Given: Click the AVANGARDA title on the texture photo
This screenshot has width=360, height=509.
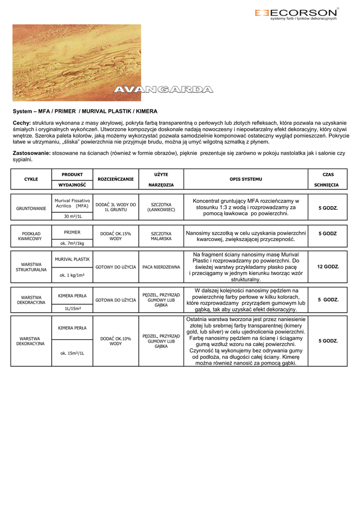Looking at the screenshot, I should [164, 89].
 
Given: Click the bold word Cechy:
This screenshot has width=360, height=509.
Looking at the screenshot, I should [21, 123].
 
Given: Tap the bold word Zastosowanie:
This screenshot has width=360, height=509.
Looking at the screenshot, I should [31, 153].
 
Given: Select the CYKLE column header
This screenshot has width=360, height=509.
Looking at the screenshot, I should [31, 179].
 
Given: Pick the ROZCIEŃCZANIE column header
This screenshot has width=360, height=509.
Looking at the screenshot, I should [116, 179].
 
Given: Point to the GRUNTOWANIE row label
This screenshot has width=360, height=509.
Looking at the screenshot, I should [31, 208].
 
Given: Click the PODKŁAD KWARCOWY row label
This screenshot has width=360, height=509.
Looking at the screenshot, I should [31, 236].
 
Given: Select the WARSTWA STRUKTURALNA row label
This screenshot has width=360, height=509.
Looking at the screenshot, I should [31, 267].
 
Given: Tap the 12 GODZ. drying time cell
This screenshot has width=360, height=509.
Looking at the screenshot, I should [328, 267].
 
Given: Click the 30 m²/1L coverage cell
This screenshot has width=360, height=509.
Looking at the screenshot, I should [73, 216].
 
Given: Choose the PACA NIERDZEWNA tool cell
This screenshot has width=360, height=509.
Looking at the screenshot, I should [161, 267].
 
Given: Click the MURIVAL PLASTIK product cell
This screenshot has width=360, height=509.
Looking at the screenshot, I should [73, 259].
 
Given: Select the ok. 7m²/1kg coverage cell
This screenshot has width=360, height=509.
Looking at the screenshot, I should [73, 243].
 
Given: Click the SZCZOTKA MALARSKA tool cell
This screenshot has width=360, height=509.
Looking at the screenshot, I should [161, 236].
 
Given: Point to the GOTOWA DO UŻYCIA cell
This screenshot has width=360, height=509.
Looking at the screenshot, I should [116, 300].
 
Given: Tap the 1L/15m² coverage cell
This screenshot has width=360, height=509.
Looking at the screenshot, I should [73, 308].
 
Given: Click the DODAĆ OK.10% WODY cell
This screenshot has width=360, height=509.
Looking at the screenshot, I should [116, 341].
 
